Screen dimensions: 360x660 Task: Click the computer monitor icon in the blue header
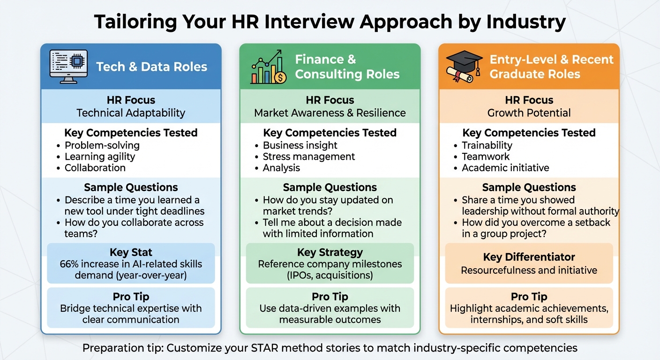coord(68,67)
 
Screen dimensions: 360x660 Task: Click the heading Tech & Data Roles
coord(151,67)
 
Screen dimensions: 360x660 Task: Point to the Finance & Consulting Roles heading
coord(347,67)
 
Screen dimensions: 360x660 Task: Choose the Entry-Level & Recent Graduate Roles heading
coord(551,67)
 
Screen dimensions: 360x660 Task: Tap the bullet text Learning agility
coord(99,157)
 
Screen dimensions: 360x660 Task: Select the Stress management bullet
coord(308,157)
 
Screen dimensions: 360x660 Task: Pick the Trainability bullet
coord(487,145)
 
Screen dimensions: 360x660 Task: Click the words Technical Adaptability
coord(131,113)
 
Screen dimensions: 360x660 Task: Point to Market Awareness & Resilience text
coord(330,113)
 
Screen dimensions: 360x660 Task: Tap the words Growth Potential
coord(529,113)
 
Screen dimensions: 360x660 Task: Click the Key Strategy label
coord(330,252)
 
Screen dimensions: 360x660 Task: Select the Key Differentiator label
coord(529,257)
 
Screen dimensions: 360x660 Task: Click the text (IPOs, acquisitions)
coord(330,275)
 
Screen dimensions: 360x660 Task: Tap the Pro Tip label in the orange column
coord(529,297)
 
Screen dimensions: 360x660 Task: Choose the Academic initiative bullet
coord(505,168)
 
